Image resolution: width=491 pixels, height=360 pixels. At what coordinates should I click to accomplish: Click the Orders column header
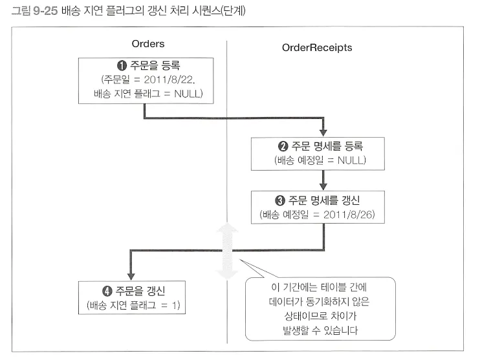click(147, 44)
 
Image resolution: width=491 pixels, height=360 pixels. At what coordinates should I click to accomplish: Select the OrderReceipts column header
click(317, 47)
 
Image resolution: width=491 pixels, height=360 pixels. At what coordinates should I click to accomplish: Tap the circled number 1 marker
click(121, 65)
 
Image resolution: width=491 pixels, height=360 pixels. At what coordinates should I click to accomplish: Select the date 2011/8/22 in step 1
click(171, 79)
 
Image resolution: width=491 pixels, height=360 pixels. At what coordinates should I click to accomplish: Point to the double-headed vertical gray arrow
click(227, 252)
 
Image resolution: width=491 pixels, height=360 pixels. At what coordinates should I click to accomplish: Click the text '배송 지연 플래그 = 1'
click(131, 304)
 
